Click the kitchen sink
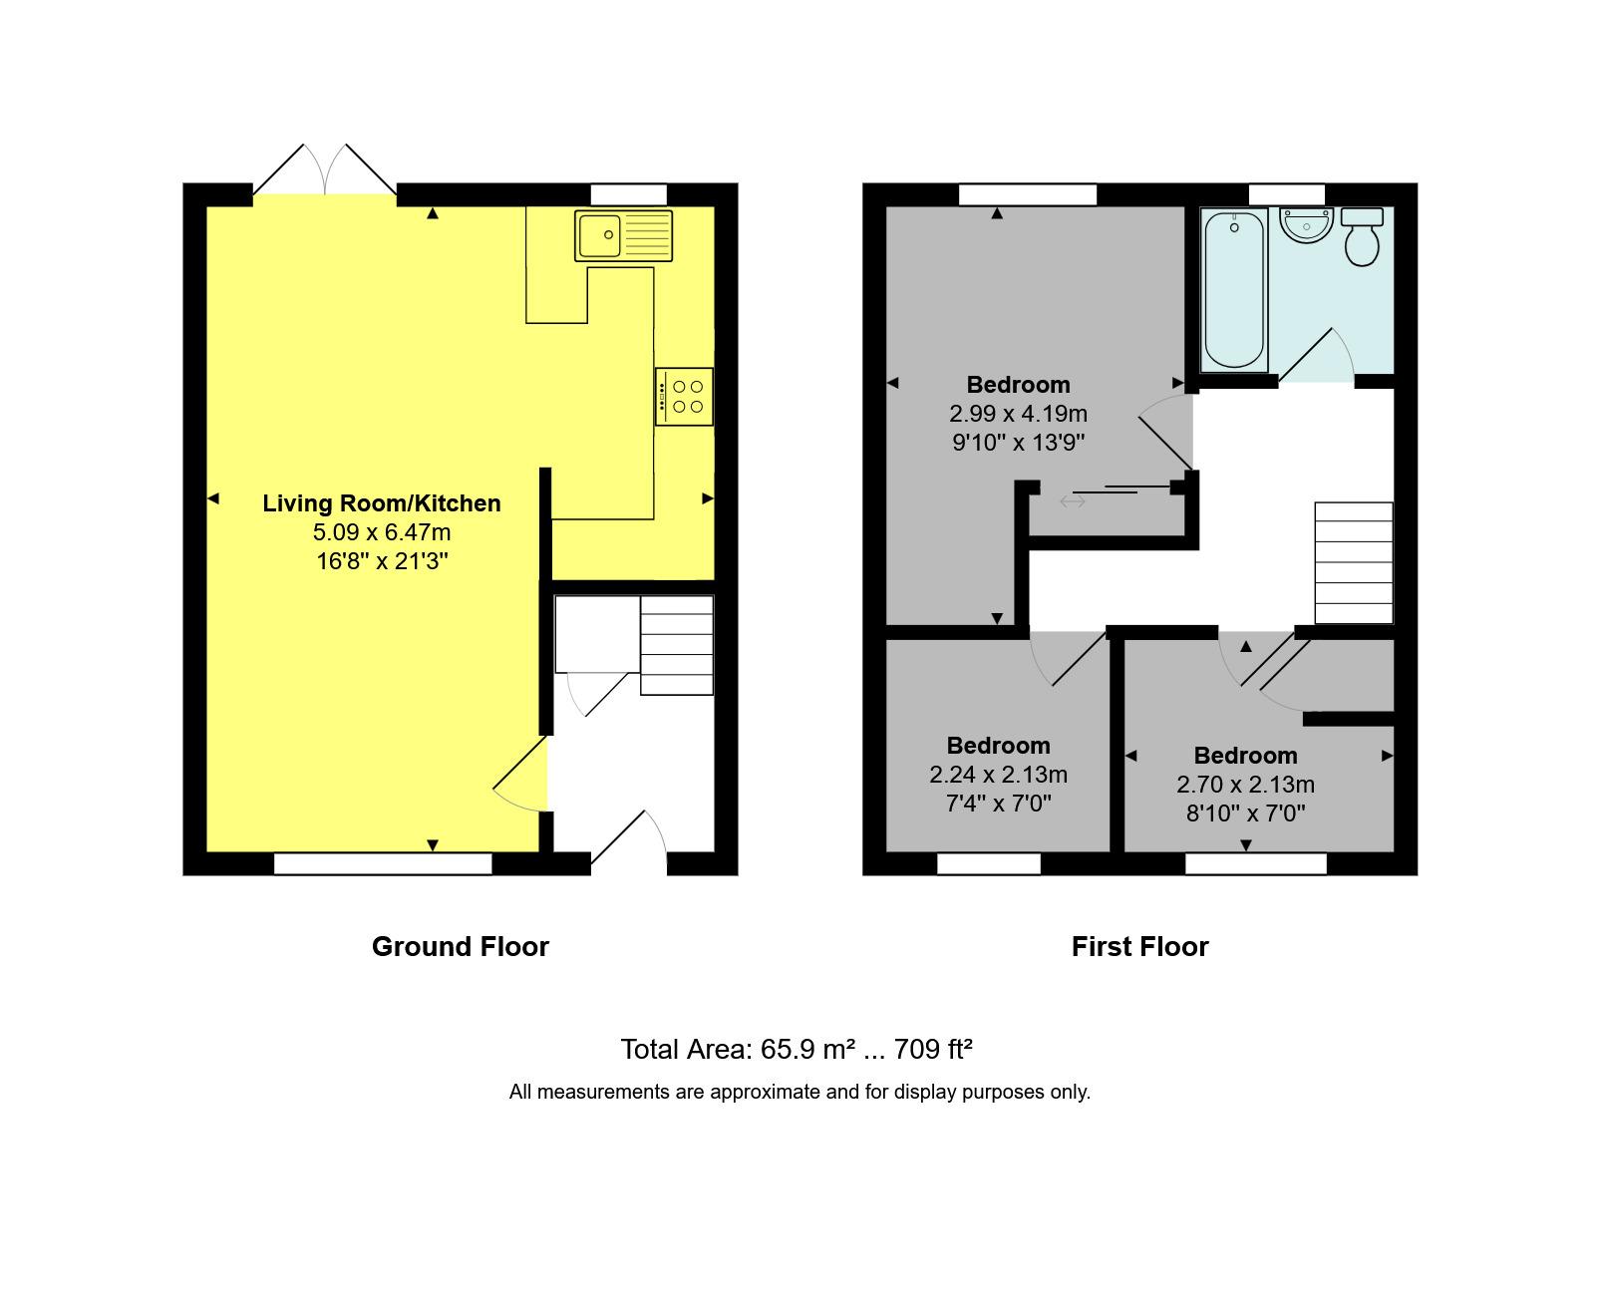point(623,236)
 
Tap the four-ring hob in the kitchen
point(684,397)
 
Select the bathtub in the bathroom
point(1234,290)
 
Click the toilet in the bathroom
point(1361,236)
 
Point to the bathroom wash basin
point(1306,224)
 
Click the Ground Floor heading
point(461,946)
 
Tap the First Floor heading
point(1139,946)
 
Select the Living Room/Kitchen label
point(382,503)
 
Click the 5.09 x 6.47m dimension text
point(382,532)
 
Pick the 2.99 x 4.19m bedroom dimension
point(1018,414)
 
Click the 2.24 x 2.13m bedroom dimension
point(998,775)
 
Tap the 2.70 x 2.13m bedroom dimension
point(1245,785)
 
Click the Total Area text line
point(797,1050)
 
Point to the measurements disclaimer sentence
point(800,1092)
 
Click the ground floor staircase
point(676,645)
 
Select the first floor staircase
point(1354,562)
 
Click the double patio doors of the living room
point(325,169)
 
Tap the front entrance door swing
point(629,836)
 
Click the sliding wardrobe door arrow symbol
point(1073,501)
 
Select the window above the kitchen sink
point(629,194)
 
